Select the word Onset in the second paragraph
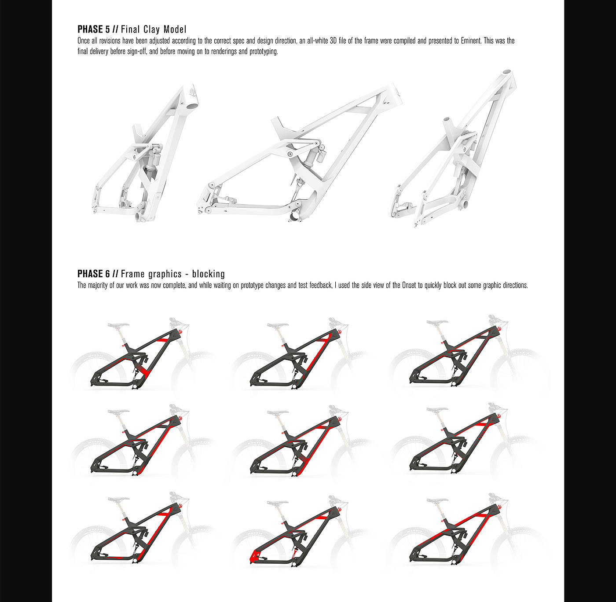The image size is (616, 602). pyautogui.click(x=409, y=285)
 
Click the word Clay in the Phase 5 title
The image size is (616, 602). pyautogui.click(x=152, y=29)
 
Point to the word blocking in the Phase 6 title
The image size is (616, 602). pyautogui.click(x=208, y=274)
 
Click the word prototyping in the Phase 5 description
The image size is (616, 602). pyautogui.click(x=264, y=51)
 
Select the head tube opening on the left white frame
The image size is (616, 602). pyautogui.click(x=191, y=106)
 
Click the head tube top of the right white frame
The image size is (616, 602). pyautogui.click(x=507, y=72)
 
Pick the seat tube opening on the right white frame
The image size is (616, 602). pyautogui.click(x=446, y=120)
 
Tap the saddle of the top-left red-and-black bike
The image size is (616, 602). pyautogui.click(x=118, y=325)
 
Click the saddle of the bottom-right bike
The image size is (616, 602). pyautogui.click(x=437, y=500)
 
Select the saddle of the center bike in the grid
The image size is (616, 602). pyautogui.click(x=278, y=412)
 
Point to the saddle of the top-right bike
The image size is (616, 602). pyautogui.click(x=437, y=322)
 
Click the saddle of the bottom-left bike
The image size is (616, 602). pyautogui.click(x=118, y=499)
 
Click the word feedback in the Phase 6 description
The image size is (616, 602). pyautogui.click(x=321, y=285)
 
